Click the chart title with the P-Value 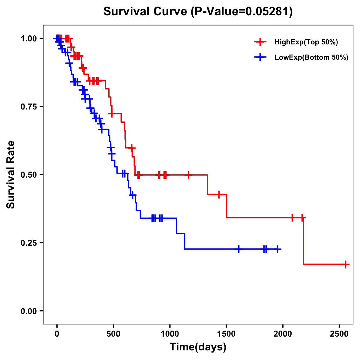point(198,12)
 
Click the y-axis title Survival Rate point(11,175)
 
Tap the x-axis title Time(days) point(198,347)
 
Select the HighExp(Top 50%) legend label point(306,42)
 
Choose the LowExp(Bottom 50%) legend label point(311,58)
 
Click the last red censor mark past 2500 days point(346,264)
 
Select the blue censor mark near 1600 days point(239,249)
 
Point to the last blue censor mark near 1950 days point(278,249)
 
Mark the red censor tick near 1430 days point(219,194)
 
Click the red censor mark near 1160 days point(188,175)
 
